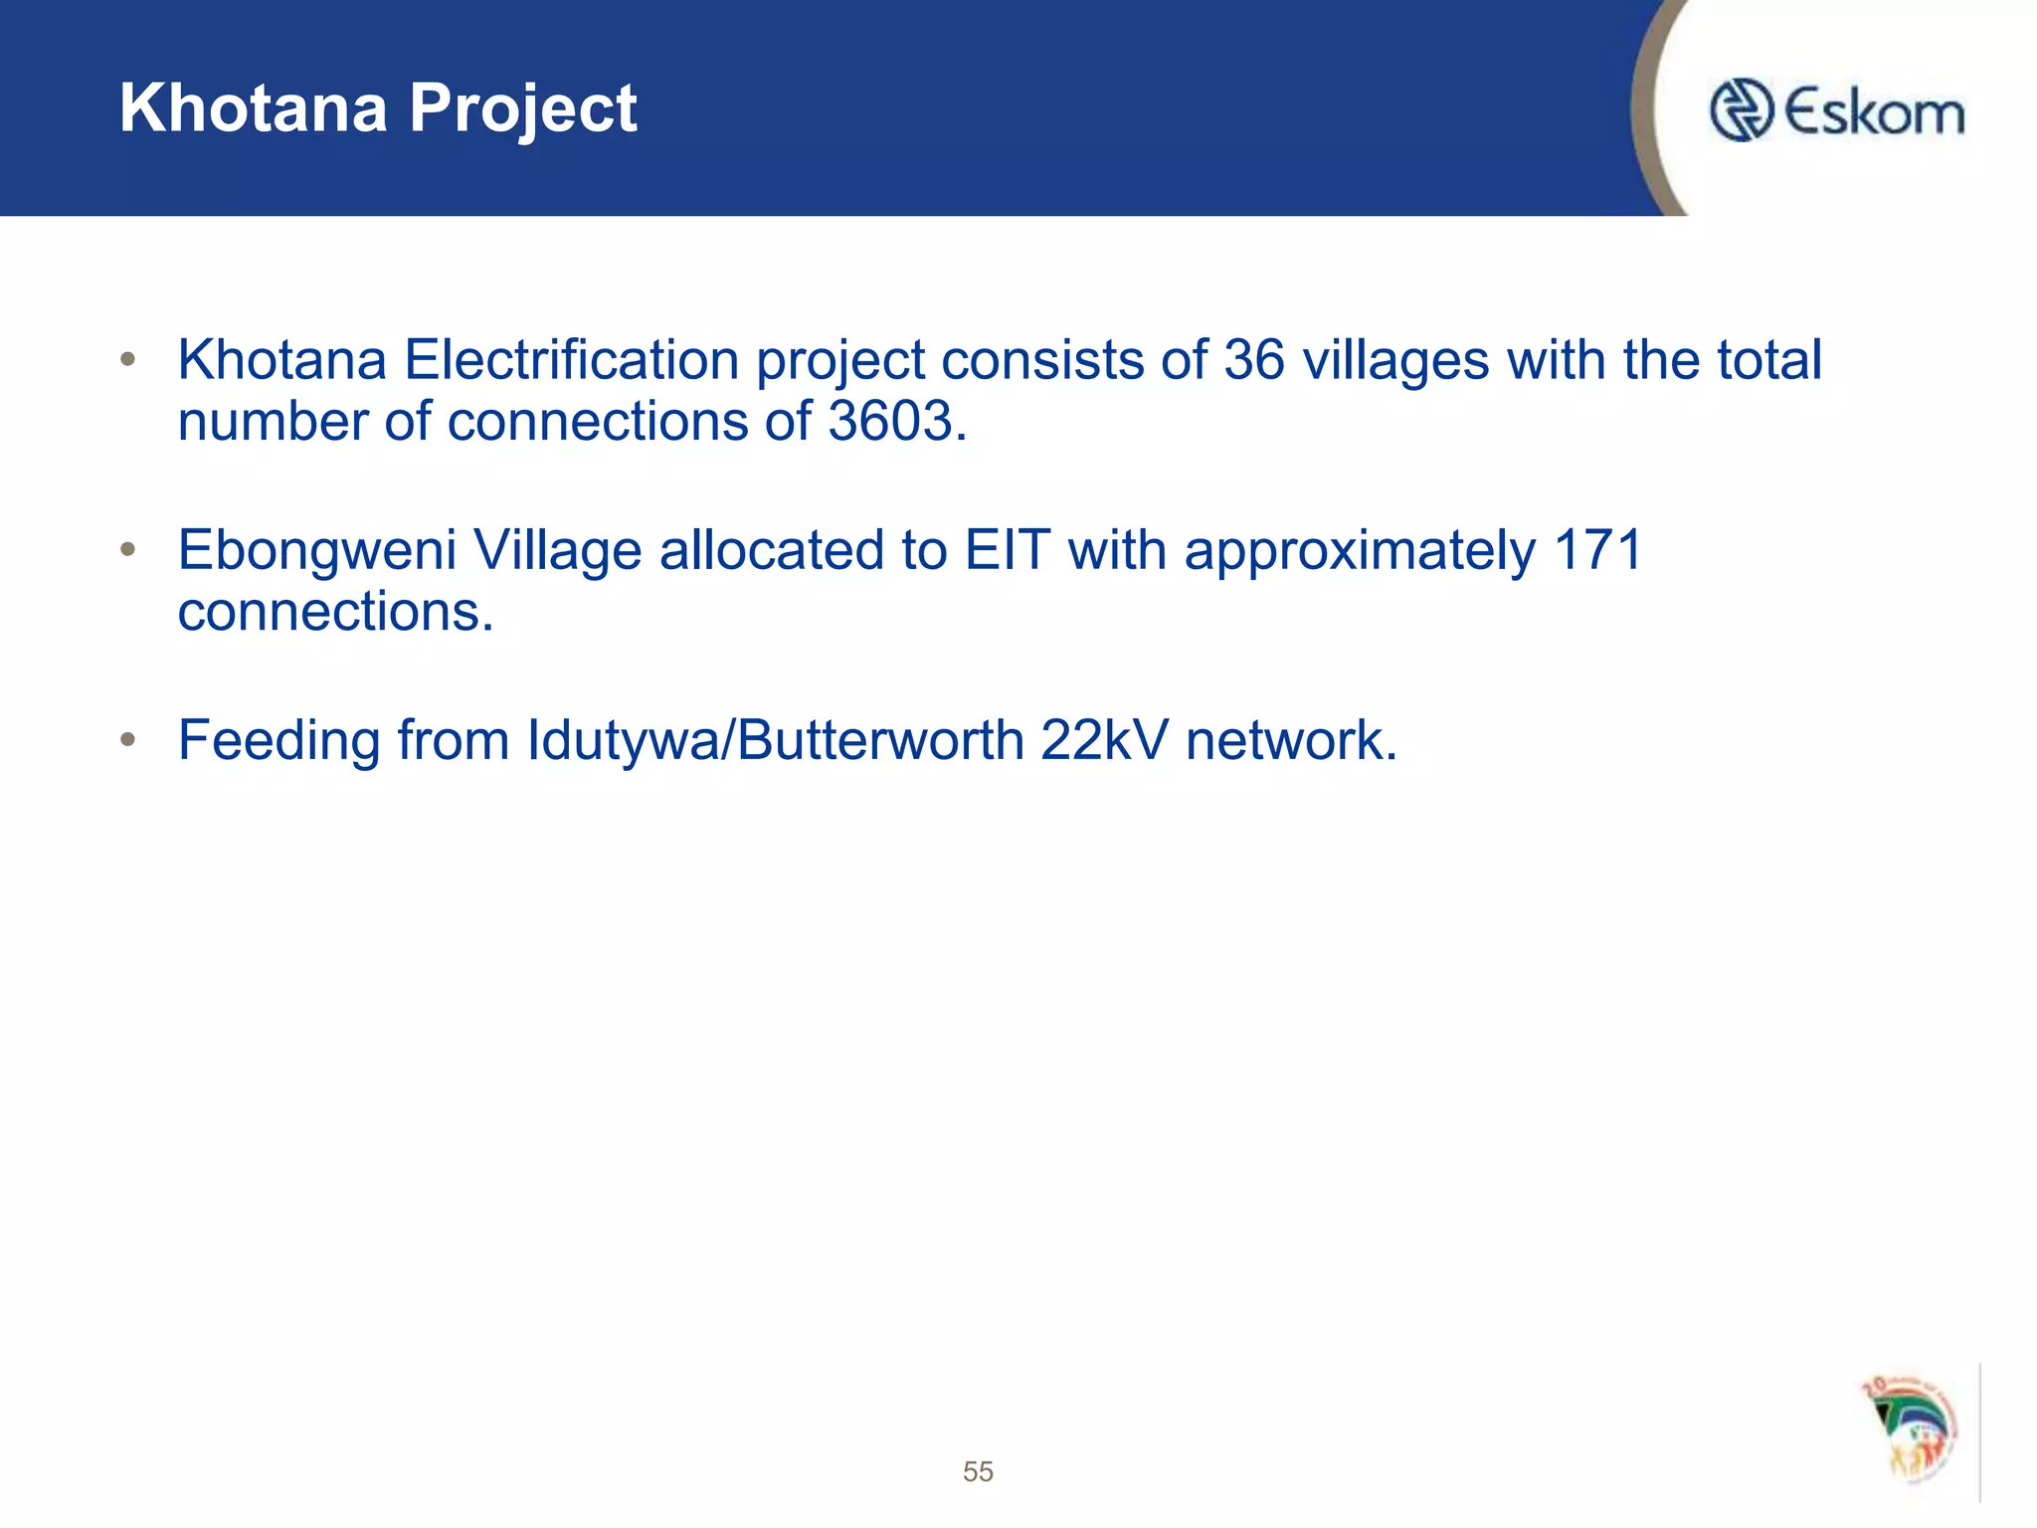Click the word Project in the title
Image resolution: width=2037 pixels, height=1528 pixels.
pos(522,109)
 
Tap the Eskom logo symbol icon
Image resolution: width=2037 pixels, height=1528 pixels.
pos(1741,109)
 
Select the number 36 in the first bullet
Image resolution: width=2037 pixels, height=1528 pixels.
pos(1253,359)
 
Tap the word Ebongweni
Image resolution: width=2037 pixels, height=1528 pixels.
pos(316,551)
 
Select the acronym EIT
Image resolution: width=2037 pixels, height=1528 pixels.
pos(1007,550)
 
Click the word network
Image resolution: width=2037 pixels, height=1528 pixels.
pos(1290,741)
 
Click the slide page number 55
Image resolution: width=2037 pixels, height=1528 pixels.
pos(978,1471)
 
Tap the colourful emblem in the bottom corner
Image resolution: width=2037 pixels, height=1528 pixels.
pos(1910,1431)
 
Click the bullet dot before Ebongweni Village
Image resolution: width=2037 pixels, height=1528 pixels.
pos(127,549)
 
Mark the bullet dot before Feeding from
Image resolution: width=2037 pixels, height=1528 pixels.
pos(127,739)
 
